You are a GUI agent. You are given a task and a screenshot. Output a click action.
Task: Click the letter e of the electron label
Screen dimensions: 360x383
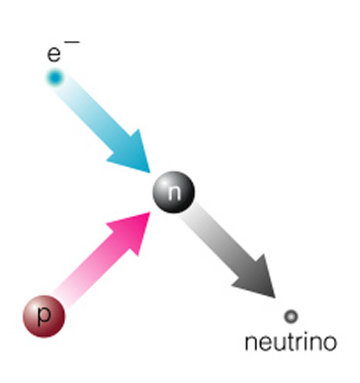(54, 54)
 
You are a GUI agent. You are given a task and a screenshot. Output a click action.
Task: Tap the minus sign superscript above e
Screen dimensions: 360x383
(71, 42)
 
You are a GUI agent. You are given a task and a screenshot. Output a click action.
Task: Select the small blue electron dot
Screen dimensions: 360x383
(55, 77)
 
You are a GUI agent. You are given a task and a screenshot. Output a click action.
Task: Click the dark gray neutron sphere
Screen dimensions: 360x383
(174, 192)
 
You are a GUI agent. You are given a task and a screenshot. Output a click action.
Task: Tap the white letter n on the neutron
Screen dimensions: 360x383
(174, 193)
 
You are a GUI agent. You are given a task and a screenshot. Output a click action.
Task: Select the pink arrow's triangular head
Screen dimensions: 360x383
(131, 233)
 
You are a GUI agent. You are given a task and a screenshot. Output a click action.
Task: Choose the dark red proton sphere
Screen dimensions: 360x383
(44, 317)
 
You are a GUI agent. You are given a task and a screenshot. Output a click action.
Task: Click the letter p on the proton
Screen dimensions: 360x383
(44, 316)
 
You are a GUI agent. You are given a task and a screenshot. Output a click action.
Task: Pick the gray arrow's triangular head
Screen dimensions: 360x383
(255, 277)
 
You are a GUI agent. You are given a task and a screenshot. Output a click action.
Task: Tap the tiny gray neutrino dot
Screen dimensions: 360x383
(291, 317)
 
